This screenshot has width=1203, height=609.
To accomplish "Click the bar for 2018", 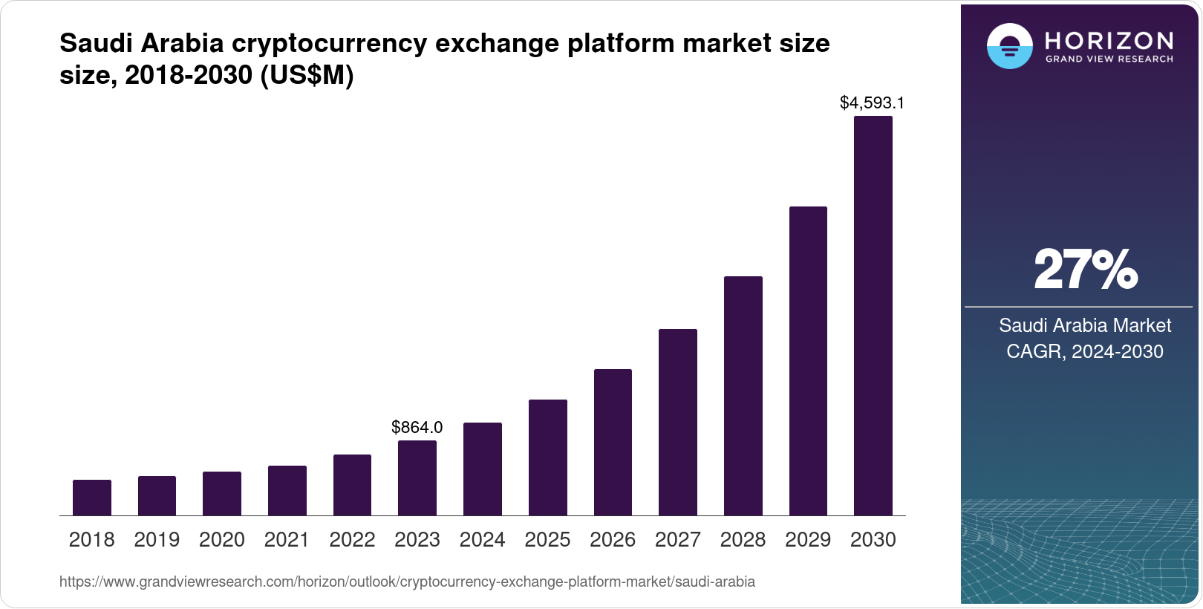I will tap(92, 498).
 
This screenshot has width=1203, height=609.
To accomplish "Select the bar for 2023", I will tap(417, 478).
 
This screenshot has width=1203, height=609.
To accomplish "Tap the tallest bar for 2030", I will tap(873, 316).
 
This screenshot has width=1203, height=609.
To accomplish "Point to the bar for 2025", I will tap(548, 457).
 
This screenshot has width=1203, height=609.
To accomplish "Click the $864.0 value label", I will tap(417, 427).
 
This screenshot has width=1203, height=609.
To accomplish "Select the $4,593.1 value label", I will tap(872, 103).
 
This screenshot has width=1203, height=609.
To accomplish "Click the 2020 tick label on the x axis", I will tap(222, 540).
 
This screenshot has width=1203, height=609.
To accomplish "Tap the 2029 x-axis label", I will tap(808, 540).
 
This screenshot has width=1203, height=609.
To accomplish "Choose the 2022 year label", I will tap(352, 540).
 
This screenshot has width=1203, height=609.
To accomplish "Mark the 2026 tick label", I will tap(613, 540).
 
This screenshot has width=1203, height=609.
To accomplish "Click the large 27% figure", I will tap(1085, 270).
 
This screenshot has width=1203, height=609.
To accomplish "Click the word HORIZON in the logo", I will tap(1109, 40).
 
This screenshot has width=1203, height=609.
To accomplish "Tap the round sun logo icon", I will tap(1009, 47).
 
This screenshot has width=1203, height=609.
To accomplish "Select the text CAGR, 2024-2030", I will tap(1085, 351).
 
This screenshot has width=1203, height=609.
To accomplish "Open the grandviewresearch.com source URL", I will tap(407, 582).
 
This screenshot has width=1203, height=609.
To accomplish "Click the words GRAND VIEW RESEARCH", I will tap(1109, 59).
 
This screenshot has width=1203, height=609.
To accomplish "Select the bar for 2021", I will tap(287, 491).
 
